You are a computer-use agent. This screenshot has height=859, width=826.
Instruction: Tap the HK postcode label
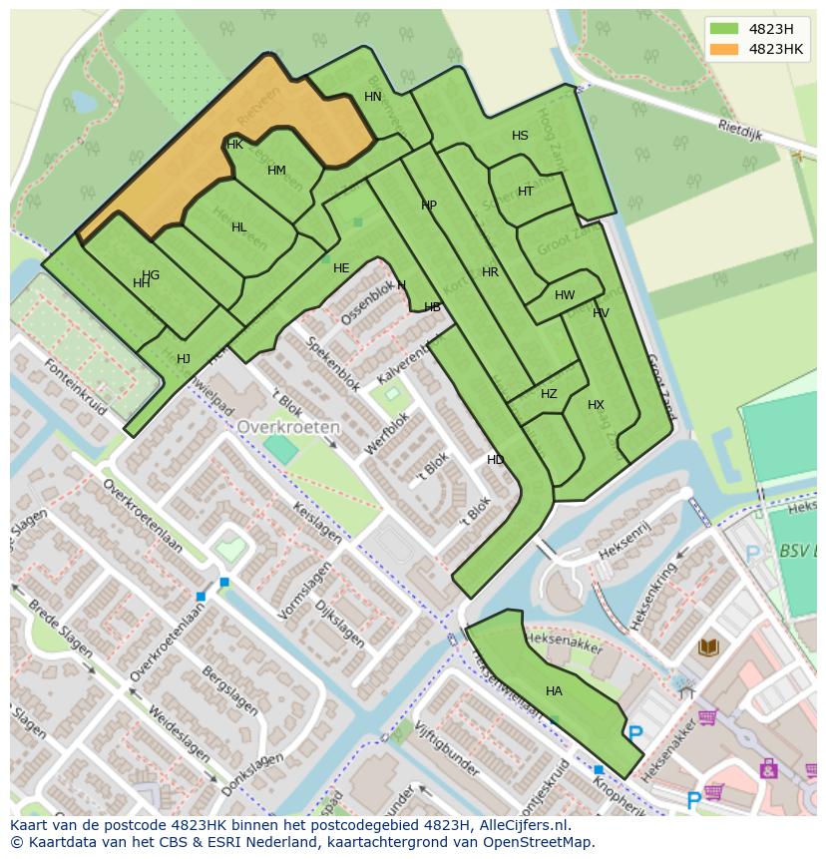(235, 145)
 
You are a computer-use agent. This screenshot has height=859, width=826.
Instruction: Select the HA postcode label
(554, 691)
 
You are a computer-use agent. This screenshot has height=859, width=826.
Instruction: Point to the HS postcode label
(520, 136)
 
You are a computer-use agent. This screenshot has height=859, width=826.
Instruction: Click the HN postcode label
(373, 97)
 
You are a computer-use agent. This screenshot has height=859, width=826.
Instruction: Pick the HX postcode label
(596, 405)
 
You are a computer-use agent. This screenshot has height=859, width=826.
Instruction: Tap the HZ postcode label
(549, 394)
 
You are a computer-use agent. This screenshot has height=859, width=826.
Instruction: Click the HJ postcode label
(184, 359)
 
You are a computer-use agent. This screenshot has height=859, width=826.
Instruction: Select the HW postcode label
(565, 295)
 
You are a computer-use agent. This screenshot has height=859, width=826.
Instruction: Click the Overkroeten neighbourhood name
(288, 426)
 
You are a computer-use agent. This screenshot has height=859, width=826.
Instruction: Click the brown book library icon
(708, 647)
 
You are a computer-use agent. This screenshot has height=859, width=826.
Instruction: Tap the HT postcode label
(526, 192)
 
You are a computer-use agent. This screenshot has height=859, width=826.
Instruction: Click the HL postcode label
(238, 227)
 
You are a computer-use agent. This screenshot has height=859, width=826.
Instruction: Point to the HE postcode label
(341, 268)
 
